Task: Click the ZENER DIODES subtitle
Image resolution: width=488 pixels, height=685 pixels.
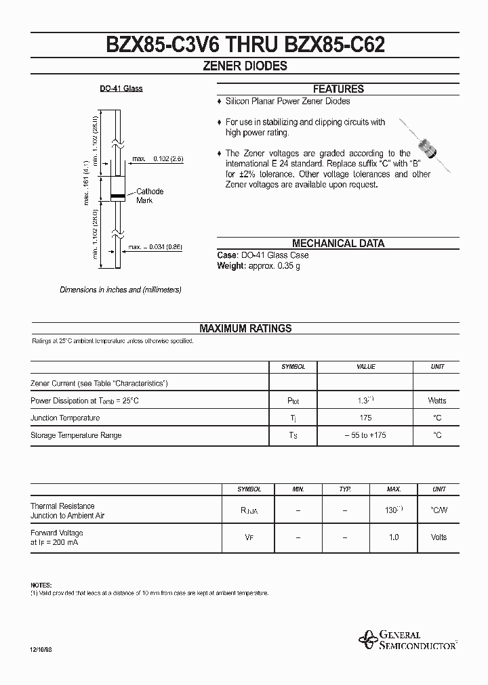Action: tap(245, 66)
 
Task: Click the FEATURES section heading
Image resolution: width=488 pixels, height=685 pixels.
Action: tap(338, 89)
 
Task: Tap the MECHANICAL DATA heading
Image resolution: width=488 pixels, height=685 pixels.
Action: tap(338, 244)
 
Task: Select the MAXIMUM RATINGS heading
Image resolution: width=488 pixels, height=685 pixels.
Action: tap(245, 328)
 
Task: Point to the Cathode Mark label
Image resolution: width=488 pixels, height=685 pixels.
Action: tap(149, 196)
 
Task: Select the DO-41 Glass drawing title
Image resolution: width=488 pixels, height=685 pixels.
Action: tap(121, 89)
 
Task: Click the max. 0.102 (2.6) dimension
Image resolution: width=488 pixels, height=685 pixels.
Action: tap(158, 158)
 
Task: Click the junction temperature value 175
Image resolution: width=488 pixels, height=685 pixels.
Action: tap(366, 418)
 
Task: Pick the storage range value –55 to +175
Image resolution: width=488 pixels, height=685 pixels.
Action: tap(365, 435)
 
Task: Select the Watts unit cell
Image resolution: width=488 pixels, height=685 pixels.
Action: tap(438, 401)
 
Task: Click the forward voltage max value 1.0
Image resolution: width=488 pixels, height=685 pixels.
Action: tap(394, 537)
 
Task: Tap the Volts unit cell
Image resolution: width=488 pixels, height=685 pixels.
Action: tap(439, 537)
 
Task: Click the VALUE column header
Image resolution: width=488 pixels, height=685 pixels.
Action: tap(366, 366)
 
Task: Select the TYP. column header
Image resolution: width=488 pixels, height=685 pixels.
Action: tap(345, 489)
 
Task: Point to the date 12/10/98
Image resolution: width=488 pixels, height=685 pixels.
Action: tap(41, 649)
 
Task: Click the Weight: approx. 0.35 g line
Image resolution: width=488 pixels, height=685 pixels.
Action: tap(258, 266)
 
